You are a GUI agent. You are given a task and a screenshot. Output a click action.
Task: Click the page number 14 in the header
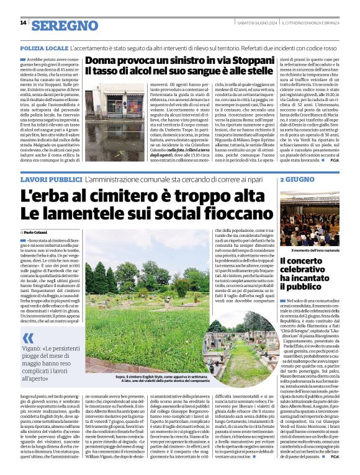23,23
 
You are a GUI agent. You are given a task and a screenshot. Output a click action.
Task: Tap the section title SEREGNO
65,25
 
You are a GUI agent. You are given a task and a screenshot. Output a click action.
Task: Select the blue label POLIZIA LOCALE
44,48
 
